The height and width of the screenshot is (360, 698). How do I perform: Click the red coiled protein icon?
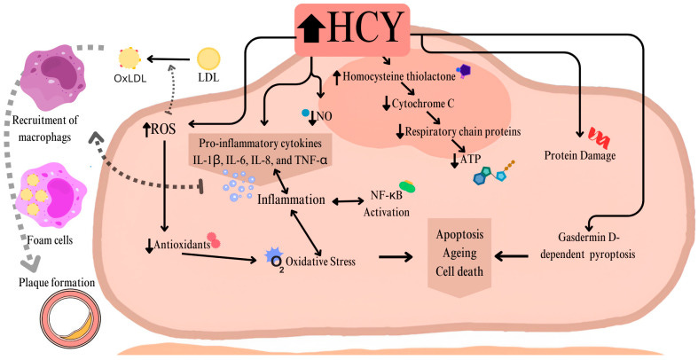599,136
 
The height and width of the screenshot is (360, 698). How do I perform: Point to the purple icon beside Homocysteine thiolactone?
463,71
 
